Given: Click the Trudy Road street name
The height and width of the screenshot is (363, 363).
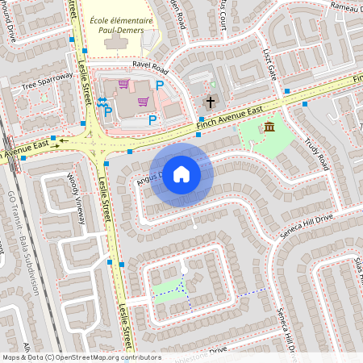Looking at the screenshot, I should coord(316,152).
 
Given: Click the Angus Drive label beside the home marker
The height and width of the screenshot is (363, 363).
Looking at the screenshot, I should coord(148,177).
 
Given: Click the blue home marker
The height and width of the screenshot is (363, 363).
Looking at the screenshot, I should coord(181,173).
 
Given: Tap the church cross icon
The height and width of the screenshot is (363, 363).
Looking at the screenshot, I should coord(211,102).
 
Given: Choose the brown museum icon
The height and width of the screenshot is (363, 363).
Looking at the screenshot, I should coord(269,127).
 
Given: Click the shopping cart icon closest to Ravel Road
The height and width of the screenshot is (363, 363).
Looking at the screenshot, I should coord(123,83).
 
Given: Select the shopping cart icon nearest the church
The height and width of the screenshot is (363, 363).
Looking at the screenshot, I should coord(144,101).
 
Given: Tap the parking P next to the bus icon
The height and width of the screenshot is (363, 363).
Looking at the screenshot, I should coord(107,114).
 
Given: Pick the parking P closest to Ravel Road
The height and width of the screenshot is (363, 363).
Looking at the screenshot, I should coord(160,85).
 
